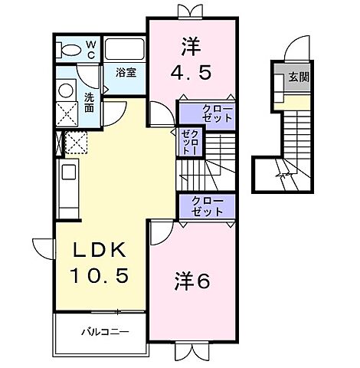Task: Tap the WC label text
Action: [90, 49]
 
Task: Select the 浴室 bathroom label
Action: [126, 74]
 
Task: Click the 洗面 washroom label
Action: [90, 103]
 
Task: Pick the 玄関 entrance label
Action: [299, 77]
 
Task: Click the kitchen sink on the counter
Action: [67, 171]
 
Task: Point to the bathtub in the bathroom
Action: [125, 49]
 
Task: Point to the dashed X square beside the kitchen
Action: [75, 143]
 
